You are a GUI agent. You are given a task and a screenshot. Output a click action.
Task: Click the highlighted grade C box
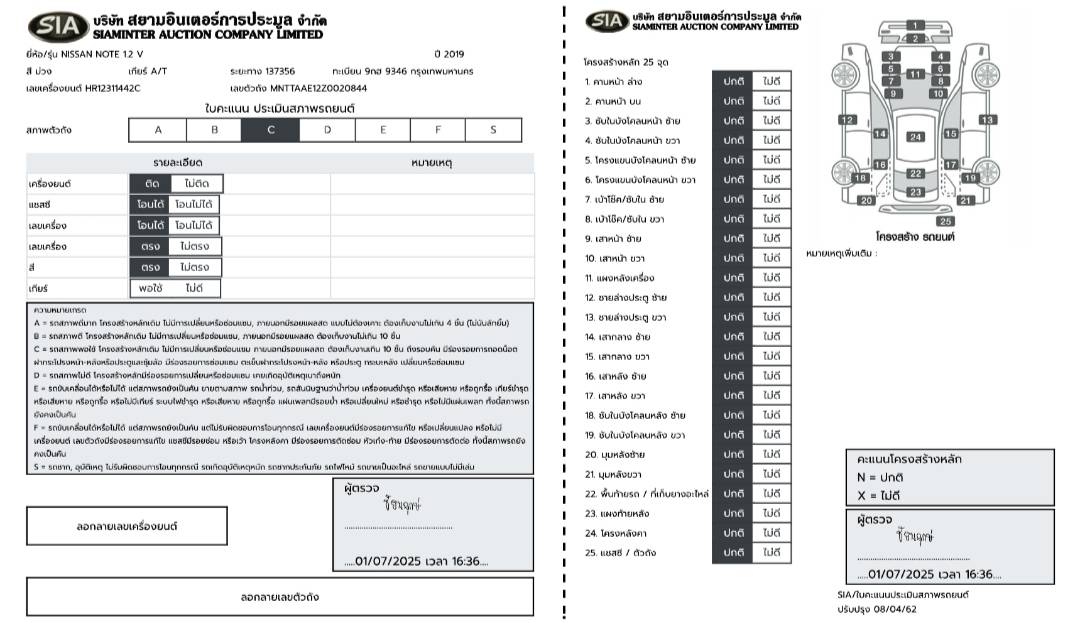click(x=270, y=130)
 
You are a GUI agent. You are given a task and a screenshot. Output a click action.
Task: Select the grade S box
click(x=492, y=130)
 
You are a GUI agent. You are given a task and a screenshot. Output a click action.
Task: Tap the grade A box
click(x=157, y=130)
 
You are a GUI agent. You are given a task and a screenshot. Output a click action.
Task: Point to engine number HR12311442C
click(x=98, y=88)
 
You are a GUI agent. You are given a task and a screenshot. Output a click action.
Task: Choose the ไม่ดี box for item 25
click(x=771, y=552)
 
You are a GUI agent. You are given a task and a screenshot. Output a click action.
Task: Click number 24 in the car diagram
click(x=916, y=137)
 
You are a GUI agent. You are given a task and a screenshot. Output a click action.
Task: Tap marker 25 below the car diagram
click(x=945, y=221)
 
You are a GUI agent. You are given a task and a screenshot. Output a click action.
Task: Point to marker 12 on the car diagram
click(x=847, y=120)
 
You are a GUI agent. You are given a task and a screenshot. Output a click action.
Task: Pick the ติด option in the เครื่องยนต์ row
click(x=150, y=183)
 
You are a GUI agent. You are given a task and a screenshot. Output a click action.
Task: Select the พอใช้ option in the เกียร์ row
click(x=150, y=288)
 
